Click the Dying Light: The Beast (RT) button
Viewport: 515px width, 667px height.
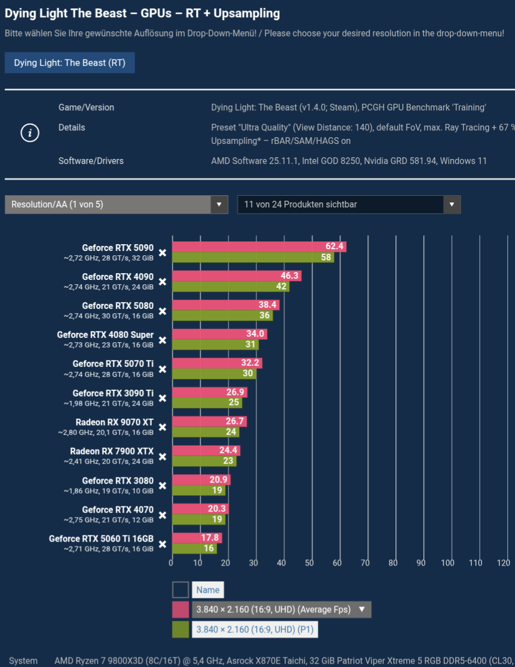70,62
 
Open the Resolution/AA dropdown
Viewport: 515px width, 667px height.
116,204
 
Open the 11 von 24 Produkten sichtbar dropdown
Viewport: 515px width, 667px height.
349,204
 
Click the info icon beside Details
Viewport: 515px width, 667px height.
30,133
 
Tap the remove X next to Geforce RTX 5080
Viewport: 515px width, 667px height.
163,311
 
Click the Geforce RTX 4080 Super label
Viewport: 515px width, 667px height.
105,335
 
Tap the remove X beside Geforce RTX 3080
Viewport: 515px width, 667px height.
163,486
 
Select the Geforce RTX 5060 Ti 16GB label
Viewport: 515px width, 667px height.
101,539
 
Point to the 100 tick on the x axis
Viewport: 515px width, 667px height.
448,563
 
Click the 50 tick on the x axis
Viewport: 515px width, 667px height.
309,563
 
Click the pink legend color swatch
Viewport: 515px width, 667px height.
180,610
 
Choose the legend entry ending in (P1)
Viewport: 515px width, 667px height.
255,630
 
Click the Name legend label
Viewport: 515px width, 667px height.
208,589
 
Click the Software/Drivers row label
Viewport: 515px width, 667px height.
91,161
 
